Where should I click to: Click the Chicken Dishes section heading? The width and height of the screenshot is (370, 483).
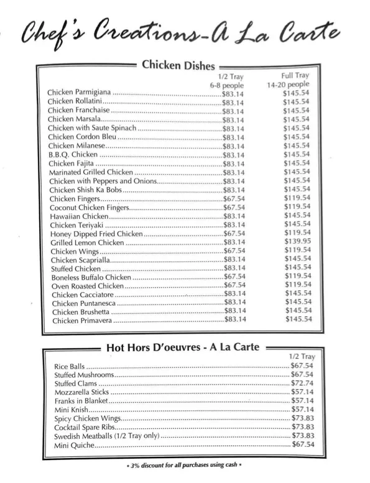click(178, 65)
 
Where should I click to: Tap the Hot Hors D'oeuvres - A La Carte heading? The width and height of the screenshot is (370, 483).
click(183, 347)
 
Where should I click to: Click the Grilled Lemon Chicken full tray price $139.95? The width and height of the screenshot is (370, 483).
click(298, 241)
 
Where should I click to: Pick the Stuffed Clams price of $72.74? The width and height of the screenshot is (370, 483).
click(302, 384)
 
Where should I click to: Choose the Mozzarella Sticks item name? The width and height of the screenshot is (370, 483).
click(82, 392)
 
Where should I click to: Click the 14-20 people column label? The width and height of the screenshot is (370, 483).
click(288, 85)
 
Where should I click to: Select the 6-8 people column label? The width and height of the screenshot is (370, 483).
click(227, 85)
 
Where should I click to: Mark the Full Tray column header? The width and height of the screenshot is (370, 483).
click(295, 75)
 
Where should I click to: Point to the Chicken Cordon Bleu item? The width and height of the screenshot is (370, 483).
click(82, 137)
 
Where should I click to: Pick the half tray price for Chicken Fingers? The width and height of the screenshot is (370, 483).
click(234, 199)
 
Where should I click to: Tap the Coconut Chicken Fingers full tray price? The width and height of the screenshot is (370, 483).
click(298, 206)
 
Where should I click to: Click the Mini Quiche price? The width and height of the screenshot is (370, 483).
click(302, 444)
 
